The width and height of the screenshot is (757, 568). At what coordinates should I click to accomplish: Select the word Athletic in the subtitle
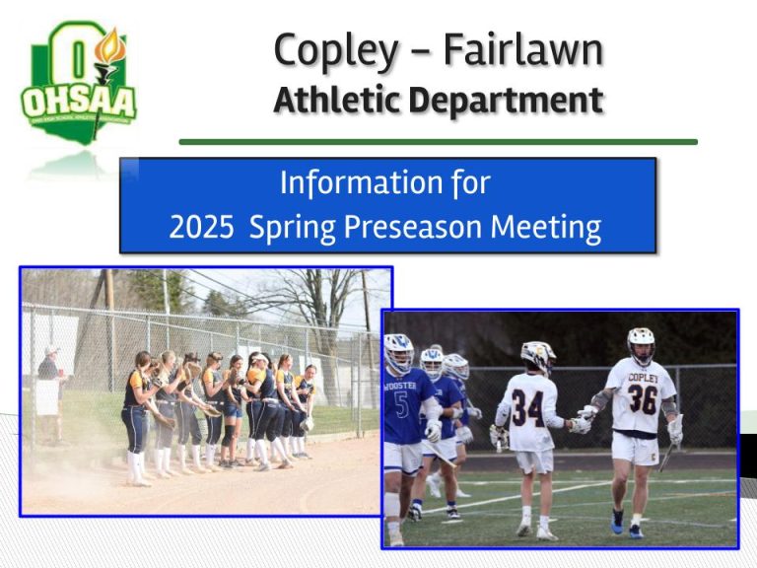click(x=337, y=100)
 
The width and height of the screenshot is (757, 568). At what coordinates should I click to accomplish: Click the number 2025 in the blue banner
click(x=201, y=228)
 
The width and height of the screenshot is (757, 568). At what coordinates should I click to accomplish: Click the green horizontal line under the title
click(x=438, y=141)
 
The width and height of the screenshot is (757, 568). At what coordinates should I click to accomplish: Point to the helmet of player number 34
click(x=538, y=355)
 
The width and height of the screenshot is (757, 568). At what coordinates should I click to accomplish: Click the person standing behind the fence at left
click(x=46, y=390)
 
